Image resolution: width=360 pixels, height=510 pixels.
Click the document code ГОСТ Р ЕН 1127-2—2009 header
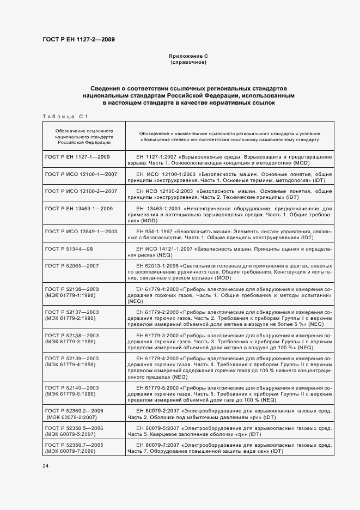pos(78,39)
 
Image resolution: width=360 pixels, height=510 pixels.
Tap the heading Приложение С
pos(188,56)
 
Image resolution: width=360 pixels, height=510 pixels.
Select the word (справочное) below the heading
pos(188,62)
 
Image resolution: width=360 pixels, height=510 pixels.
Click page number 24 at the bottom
pos(46,466)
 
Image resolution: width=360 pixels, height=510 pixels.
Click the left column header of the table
pos(84,136)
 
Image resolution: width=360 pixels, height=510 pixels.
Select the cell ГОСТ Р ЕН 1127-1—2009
pos(77,157)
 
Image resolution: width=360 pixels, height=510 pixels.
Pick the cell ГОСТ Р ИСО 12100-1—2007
pos(81,174)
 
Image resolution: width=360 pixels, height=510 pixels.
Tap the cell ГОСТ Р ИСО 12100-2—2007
pos(81,191)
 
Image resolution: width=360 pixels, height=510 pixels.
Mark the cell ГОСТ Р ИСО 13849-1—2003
pos(81,231)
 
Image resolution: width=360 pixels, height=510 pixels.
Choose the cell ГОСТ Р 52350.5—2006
pos(72,428)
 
